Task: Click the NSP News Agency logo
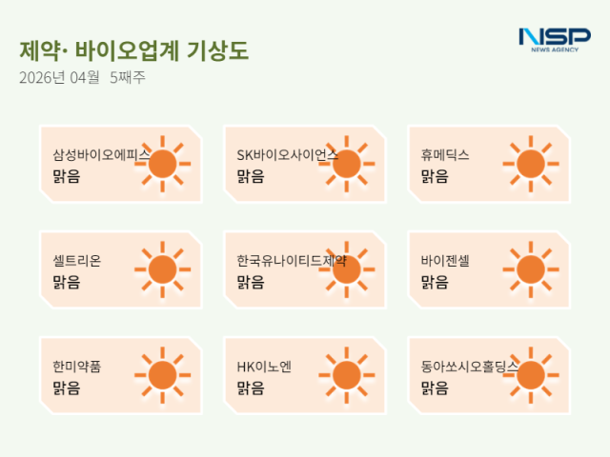coord(554,40)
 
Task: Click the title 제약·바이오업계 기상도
coord(133,50)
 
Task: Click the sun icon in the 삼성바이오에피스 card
coord(163,164)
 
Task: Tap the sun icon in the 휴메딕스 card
coord(531,164)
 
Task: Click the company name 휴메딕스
coord(445,154)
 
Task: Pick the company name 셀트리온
coord(77,260)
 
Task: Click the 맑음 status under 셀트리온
coord(67,282)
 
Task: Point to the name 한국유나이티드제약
coord(291,260)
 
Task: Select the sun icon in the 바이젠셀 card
coord(531,269)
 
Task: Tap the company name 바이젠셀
coord(445,260)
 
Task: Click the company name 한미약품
coord(77,366)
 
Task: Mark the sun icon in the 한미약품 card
coord(163,375)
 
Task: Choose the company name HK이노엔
coord(264,366)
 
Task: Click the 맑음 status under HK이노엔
coord(251,387)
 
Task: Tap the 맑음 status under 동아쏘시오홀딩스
coord(435,387)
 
